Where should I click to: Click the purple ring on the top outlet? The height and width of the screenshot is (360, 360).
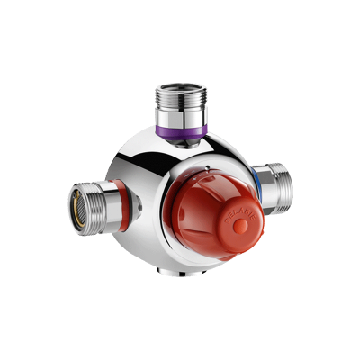coord(183,132)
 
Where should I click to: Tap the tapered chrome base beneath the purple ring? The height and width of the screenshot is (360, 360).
coord(184,144)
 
